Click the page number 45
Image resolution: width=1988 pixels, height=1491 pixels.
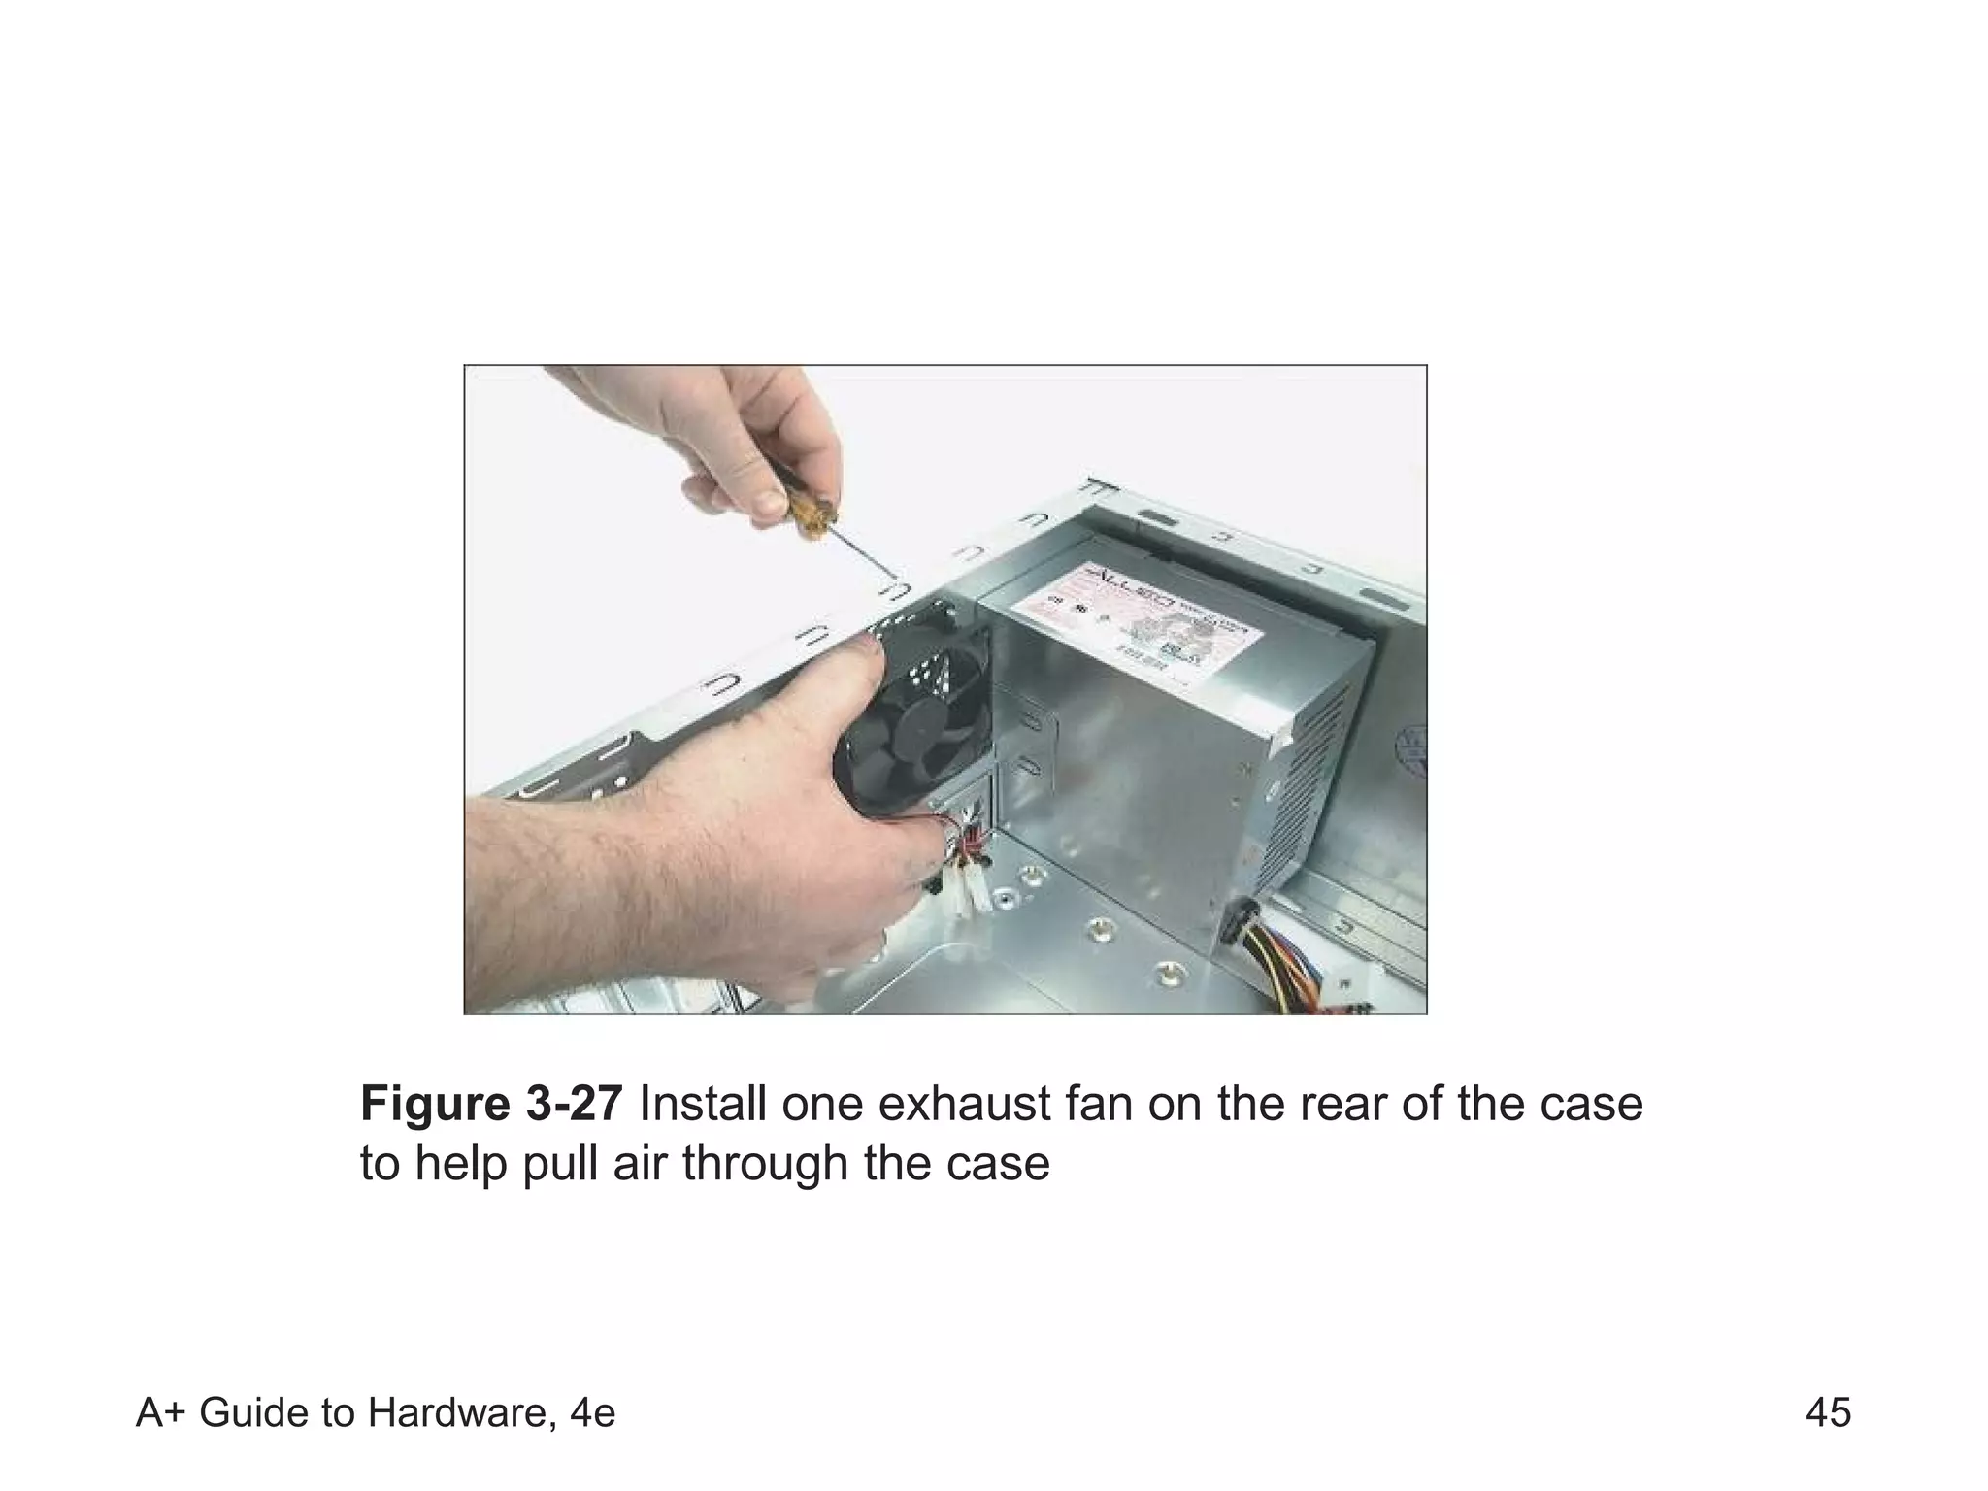click(x=1828, y=1413)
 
